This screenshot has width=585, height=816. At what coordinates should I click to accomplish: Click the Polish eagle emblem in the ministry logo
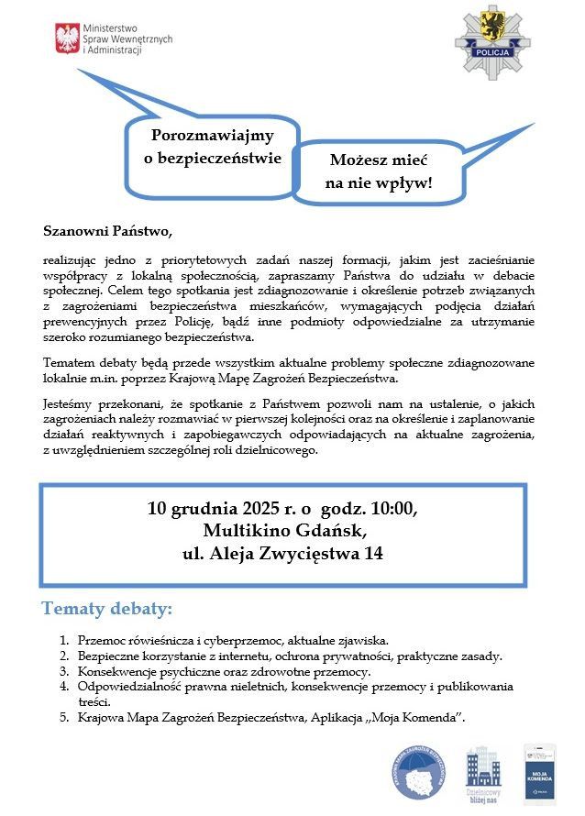67,39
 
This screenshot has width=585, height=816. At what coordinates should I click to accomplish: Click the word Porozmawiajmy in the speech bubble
212,136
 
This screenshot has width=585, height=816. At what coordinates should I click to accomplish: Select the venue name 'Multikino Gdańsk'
282,532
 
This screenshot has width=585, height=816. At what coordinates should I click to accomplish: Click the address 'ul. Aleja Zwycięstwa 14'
282,554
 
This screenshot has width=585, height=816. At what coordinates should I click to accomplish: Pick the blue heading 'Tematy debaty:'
106,609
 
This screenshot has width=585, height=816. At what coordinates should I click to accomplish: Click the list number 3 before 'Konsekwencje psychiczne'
64,671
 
